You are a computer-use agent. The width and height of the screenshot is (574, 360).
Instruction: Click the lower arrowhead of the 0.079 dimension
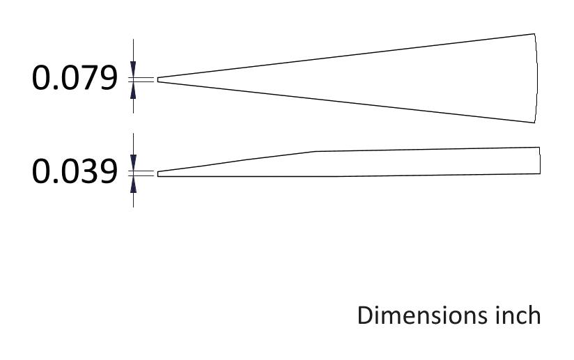click(x=134, y=88)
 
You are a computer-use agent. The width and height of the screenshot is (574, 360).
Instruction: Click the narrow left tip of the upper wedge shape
click(x=159, y=79)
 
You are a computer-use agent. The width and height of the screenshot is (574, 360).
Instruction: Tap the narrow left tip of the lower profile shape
click(x=159, y=173)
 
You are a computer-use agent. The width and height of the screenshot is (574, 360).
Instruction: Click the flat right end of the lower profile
click(x=540, y=161)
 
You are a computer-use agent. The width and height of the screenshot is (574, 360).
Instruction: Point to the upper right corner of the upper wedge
click(x=534, y=33)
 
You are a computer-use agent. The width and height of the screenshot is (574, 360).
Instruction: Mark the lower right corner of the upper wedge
click(x=534, y=123)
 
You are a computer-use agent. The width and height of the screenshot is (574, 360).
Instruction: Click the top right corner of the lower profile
click(x=540, y=148)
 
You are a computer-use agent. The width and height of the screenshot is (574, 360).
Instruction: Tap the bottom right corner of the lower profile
click(x=540, y=174)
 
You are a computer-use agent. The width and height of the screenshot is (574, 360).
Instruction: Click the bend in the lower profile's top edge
click(x=316, y=151)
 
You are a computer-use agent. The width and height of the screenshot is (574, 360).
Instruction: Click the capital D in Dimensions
click(x=365, y=315)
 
